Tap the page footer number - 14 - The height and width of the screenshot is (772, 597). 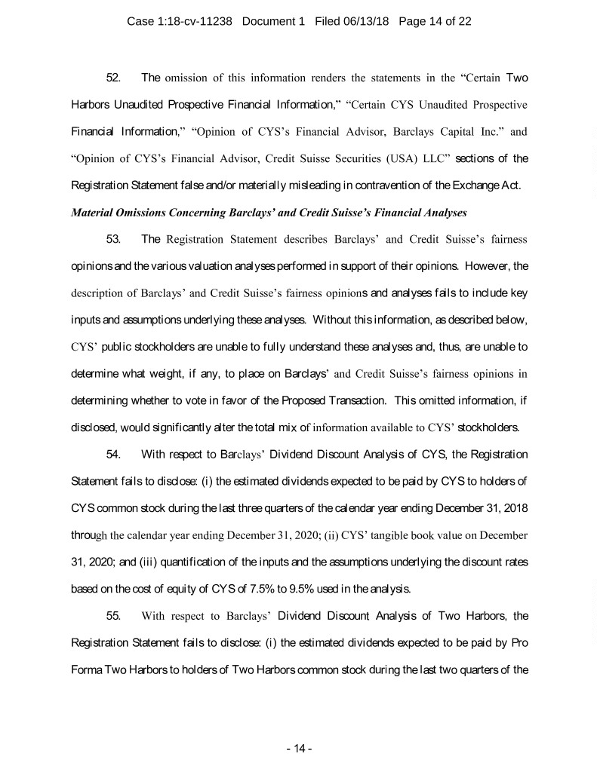coord(299,749)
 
